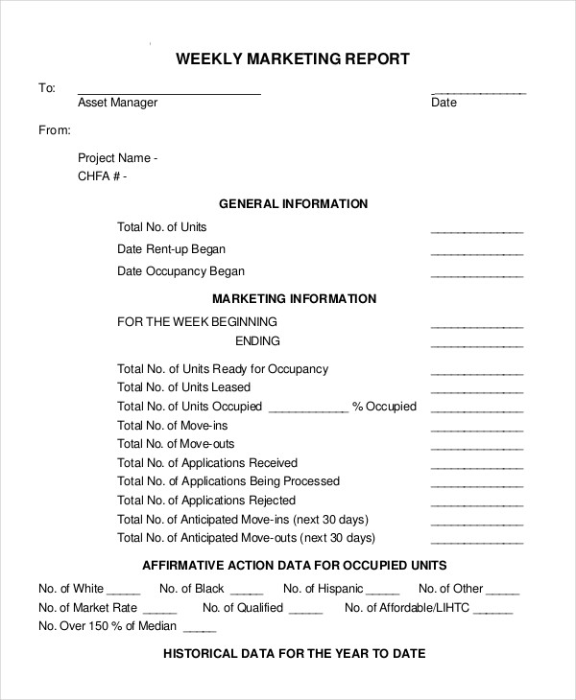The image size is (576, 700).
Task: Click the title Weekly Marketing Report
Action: point(293,59)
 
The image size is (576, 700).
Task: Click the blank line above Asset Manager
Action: point(169,93)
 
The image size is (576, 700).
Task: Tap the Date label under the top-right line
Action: point(444,103)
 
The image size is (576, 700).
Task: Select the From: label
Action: point(55,129)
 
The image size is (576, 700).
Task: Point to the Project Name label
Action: point(117,158)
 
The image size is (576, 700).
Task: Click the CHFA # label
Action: point(102,176)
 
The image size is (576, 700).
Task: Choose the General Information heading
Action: point(294,204)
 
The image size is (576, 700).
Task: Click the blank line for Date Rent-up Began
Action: point(477,254)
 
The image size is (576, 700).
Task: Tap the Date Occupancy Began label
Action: point(180,271)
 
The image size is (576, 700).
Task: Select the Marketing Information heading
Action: point(294,299)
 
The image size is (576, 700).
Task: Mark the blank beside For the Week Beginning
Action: point(477,327)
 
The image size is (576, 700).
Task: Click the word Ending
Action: point(257,340)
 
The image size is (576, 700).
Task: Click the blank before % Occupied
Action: point(307,411)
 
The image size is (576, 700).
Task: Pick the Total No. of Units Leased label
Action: point(183,387)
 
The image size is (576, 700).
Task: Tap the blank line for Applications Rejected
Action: point(477,505)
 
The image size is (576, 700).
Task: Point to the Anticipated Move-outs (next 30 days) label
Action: point(246,538)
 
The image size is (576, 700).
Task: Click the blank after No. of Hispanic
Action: point(382,595)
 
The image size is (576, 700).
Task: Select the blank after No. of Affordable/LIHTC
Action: point(493,613)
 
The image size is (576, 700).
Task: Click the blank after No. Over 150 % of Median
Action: point(200,632)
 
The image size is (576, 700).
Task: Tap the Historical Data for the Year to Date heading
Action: point(294,654)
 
